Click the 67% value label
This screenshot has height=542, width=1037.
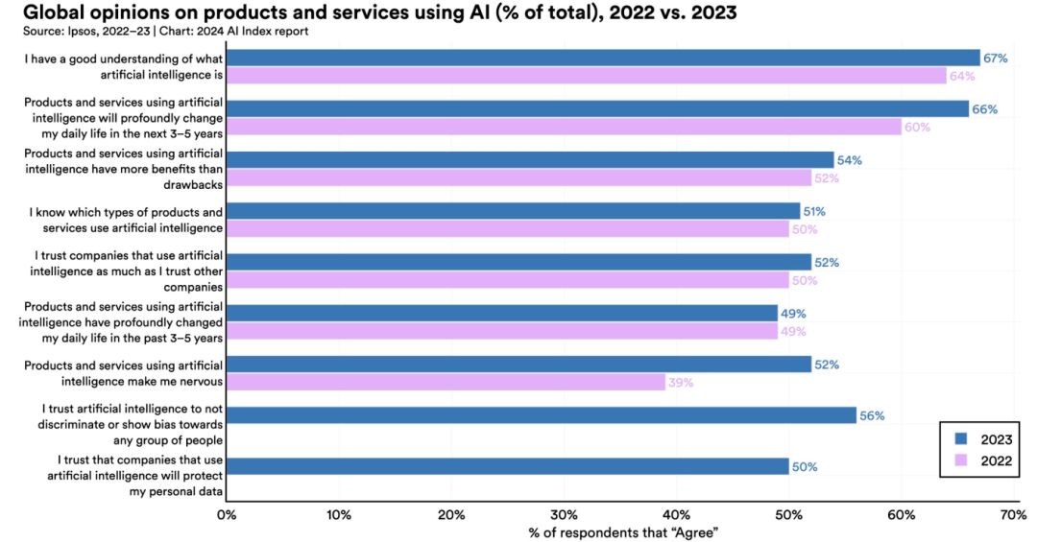pyautogui.click(x=995, y=59)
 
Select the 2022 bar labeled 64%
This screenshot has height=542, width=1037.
pyautogui.click(x=586, y=76)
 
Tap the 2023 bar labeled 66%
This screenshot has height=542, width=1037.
pyautogui.click(x=597, y=109)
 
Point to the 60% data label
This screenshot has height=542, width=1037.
pyautogui.click(x=917, y=127)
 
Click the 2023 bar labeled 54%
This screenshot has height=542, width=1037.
pyautogui.click(x=530, y=160)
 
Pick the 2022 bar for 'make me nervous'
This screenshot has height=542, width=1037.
pyautogui.click(x=446, y=382)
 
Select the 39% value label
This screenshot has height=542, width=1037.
pyautogui.click(x=680, y=382)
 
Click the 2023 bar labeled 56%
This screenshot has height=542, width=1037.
pyautogui.click(x=542, y=415)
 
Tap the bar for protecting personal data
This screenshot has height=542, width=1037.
pyautogui.click(x=508, y=466)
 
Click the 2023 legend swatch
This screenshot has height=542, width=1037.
pyautogui.click(x=960, y=439)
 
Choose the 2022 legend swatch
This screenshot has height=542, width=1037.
pyautogui.click(x=960, y=461)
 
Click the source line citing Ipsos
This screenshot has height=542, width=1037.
pyautogui.click(x=158, y=32)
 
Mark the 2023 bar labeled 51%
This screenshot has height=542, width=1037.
pyautogui.click(x=513, y=211)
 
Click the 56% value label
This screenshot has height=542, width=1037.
pyautogui.click(x=872, y=415)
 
